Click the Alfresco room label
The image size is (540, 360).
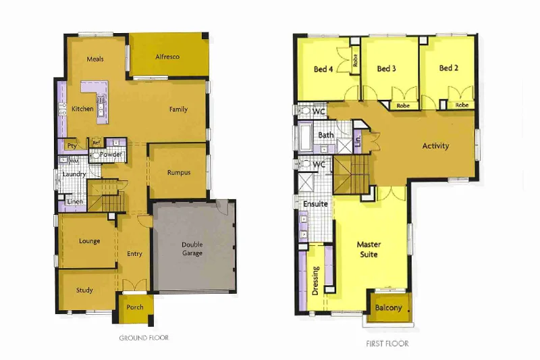167,57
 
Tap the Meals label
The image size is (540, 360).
95,59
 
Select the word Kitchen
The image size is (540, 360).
82,109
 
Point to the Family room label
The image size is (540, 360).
178,109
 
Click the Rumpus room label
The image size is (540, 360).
178,172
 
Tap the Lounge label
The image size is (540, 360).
89,241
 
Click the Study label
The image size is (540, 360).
84,290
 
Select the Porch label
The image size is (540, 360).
135,307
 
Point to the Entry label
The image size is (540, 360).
134,254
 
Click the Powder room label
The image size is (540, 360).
111,155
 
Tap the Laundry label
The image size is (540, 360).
74,174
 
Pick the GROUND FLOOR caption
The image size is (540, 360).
144,337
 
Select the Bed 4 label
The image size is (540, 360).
323,69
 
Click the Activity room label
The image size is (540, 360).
435,146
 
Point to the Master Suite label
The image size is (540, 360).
368,249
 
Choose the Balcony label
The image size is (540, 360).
388,308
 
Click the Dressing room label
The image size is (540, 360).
315,281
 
